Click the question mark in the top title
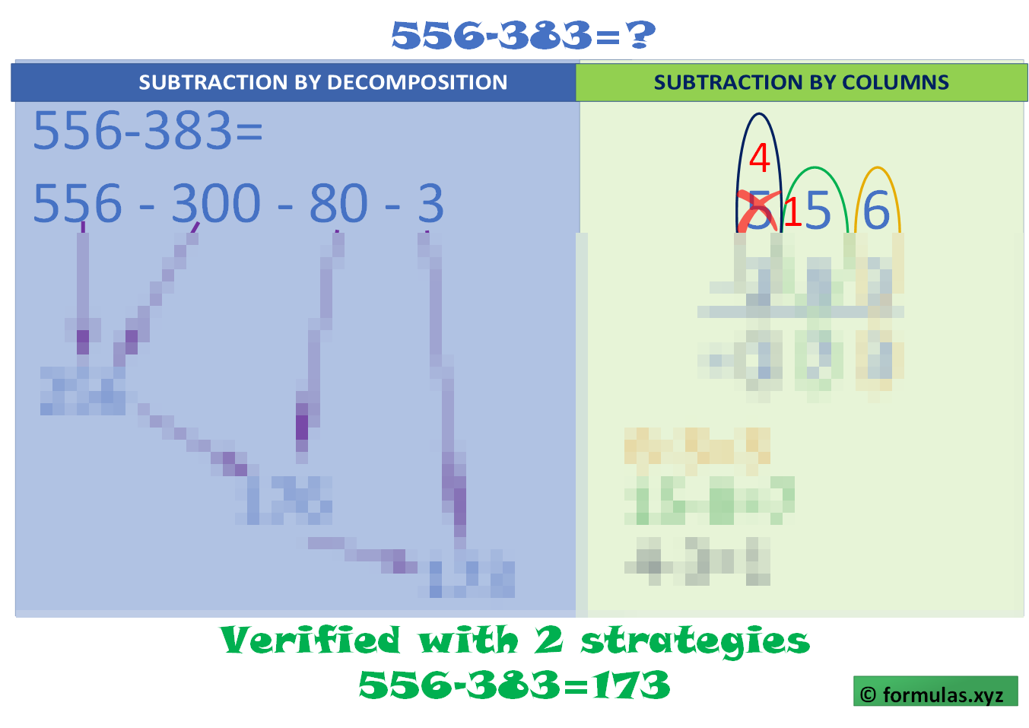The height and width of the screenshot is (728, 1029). [x=641, y=35]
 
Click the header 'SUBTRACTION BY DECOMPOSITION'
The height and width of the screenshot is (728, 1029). [x=322, y=82]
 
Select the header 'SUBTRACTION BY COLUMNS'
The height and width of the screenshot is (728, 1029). [x=801, y=82]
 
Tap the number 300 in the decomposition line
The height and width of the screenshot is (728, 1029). [x=216, y=204]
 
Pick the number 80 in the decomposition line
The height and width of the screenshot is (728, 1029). [x=338, y=204]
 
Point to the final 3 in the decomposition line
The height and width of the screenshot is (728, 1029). [x=430, y=204]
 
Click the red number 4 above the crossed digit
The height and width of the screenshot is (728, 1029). [x=759, y=158]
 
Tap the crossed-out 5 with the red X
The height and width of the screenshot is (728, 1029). [x=758, y=211]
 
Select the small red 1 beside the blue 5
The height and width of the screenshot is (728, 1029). [x=792, y=212]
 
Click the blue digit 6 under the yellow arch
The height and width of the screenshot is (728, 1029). [x=876, y=210]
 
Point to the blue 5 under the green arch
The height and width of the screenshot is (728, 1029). [x=818, y=210]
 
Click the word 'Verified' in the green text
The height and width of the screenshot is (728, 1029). [x=310, y=641]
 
